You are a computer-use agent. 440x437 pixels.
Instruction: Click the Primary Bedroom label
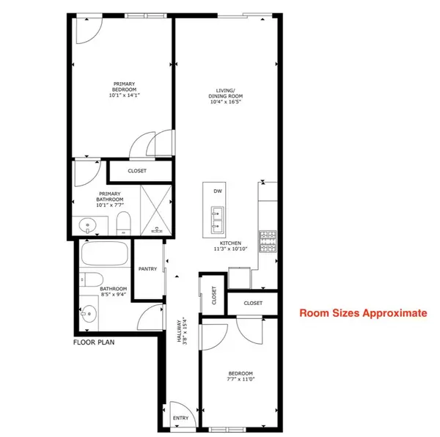point(122,87)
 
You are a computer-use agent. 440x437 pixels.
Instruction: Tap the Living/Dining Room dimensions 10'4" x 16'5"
point(230,102)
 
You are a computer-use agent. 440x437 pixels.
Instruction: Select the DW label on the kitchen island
point(218,191)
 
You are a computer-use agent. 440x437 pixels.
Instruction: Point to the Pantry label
point(147,269)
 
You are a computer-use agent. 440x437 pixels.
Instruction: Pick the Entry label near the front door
point(180,419)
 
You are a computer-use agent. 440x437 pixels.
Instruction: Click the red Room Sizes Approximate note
point(362,313)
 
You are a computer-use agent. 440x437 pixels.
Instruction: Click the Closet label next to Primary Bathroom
point(137,171)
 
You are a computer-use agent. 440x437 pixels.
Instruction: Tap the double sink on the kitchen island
point(218,215)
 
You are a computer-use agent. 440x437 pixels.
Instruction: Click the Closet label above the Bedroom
point(253,302)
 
